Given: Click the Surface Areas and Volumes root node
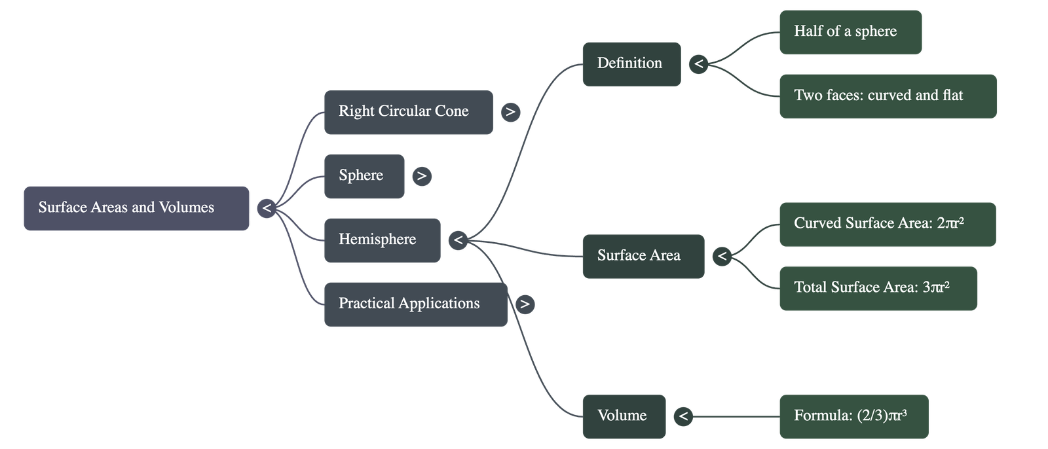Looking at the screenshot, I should [x=136, y=208].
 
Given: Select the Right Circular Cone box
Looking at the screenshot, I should [x=408, y=113].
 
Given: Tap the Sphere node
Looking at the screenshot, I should [x=364, y=176].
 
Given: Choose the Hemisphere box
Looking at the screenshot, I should [x=382, y=240].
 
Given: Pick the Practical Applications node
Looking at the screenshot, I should [x=415, y=304].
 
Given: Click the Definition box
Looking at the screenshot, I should [x=631, y=63].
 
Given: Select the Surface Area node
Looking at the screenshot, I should [x=643, y=256].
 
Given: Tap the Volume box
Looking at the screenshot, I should [x=624, y=416].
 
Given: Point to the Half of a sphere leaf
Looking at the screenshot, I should [x=850, y=32].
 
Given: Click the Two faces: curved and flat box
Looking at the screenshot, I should [x=888, y=96].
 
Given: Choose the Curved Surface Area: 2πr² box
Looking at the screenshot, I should [x=888, y=224].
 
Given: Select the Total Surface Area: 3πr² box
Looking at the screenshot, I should [x=878, y=288].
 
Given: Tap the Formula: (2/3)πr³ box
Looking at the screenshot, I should [x=853, y=416].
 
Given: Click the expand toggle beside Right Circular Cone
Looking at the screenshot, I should [x=510, y=112].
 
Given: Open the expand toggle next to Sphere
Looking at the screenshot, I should [x=422, y=176].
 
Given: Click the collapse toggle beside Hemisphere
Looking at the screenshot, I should [x=458, y=240].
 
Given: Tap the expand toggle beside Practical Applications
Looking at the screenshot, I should [x=525, y=304].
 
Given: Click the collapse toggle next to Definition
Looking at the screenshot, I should [x=699, y=63].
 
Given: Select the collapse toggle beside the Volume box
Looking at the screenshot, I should [x=683, y=416].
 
